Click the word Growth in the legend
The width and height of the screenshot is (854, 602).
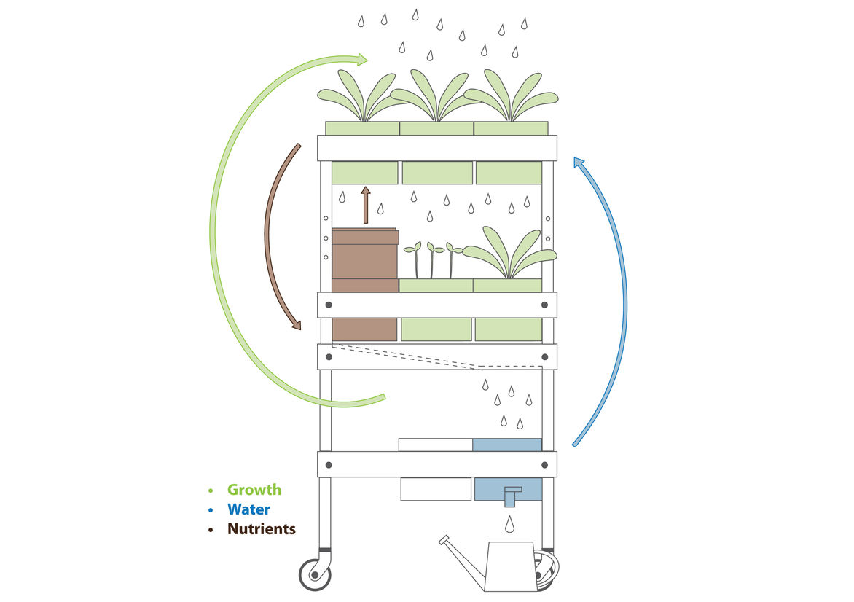point(254,490)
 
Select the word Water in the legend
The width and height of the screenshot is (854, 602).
point(248,509)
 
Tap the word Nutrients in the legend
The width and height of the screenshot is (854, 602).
point(261,529)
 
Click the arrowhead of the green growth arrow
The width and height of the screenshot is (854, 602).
point(361,59)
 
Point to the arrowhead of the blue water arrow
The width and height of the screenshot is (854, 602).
point(579,163)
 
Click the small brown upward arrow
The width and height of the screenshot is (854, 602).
point(366,204)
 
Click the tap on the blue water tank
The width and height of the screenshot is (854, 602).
point(512,494)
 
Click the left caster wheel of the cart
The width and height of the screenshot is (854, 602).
point(315,574)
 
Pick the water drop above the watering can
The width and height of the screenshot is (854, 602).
point(510,523)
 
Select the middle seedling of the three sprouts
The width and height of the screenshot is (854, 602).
point(432,259)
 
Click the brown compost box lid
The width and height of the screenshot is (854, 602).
point(365,236)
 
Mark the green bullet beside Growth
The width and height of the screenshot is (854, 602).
point(211,490)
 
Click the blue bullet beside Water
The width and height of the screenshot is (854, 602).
point(211,509)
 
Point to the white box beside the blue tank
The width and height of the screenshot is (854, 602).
point(436,445)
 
